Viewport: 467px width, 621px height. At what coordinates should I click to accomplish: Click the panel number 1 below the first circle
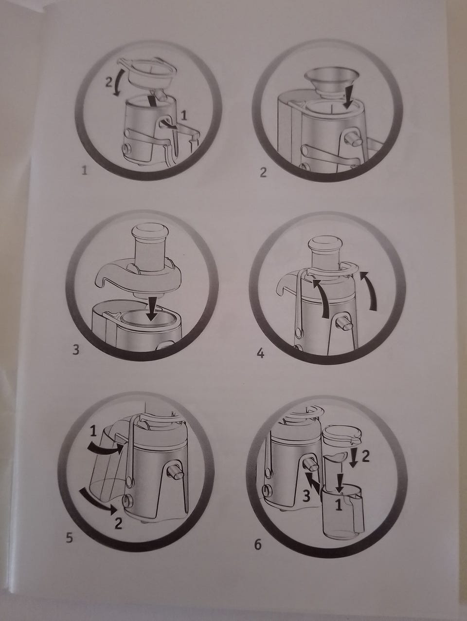tap(85, 170)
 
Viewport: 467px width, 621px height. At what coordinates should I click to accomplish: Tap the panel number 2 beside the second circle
tap(263, 172)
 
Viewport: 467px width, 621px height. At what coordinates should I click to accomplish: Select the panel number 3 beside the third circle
tap(76, 350)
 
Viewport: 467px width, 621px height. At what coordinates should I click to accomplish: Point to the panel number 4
tap(261, 354)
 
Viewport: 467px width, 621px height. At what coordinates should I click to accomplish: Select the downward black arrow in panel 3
tap(151, 309)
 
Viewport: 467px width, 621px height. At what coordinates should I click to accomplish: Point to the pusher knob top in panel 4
tap(325, 244)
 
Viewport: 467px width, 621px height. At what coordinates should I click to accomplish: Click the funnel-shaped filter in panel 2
tap(331, 83)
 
